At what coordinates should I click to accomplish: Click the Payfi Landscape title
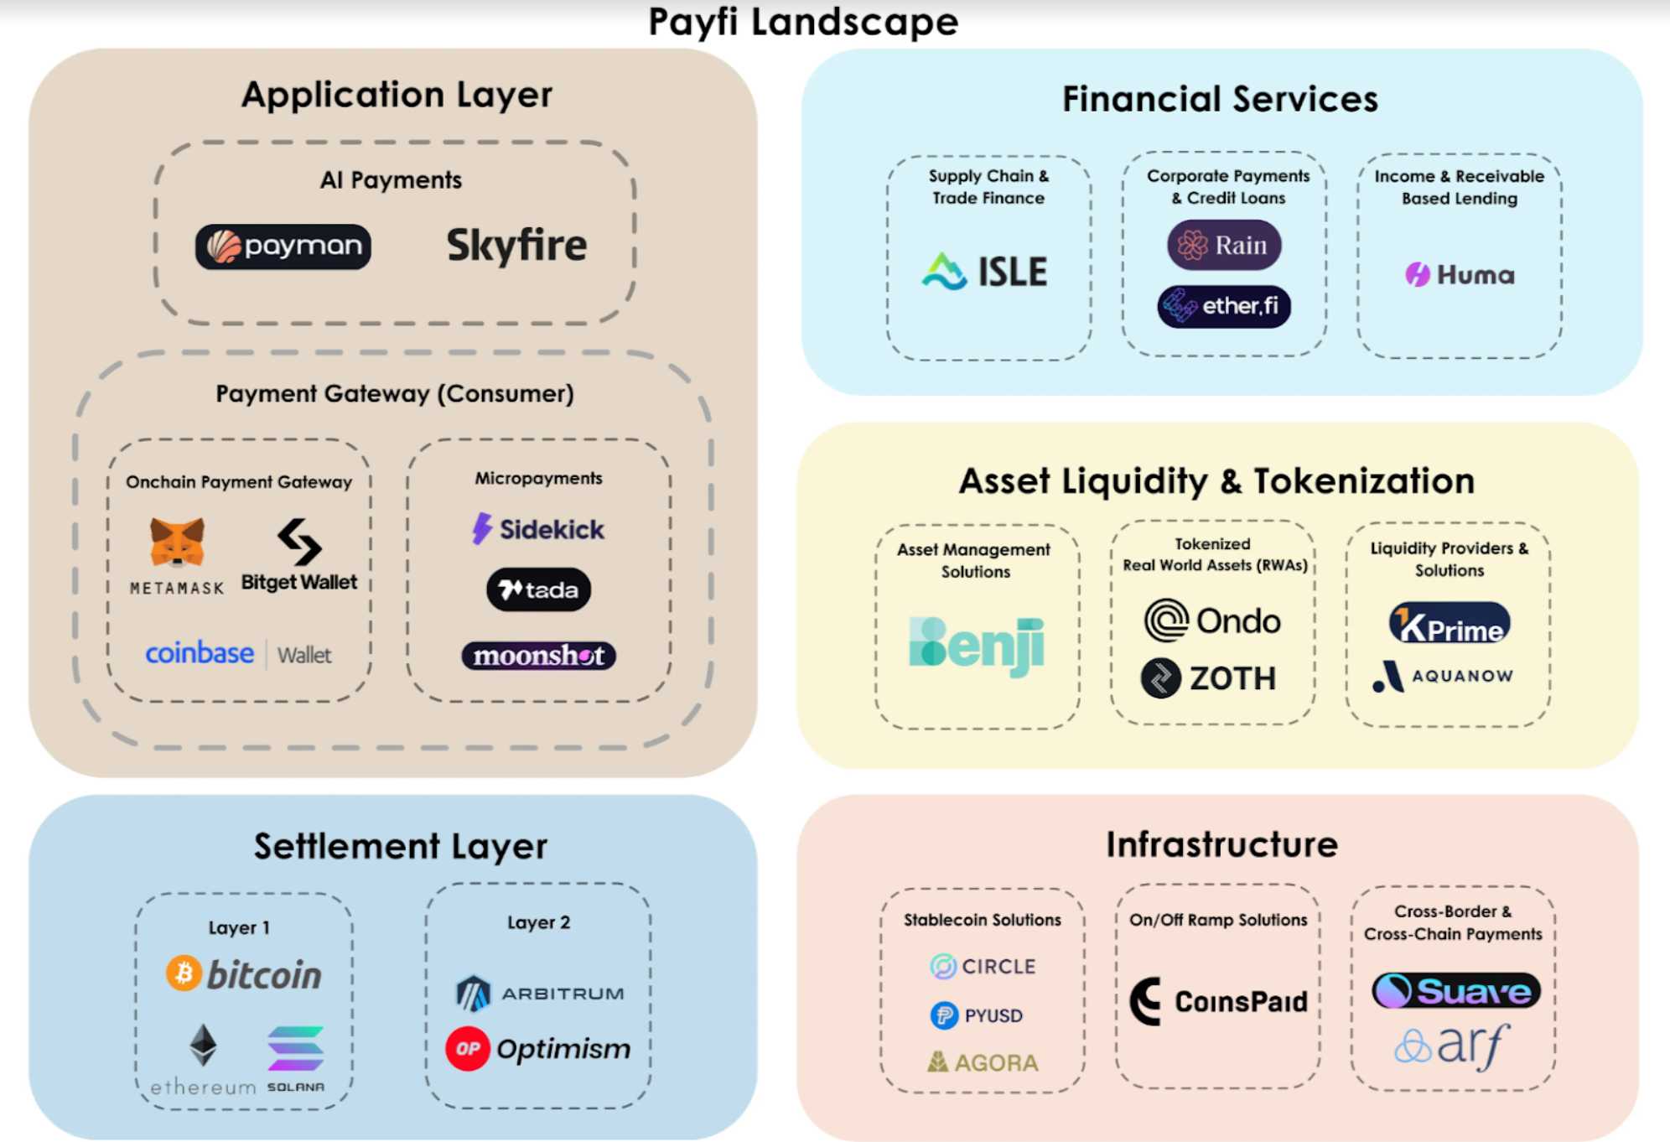[802, 22]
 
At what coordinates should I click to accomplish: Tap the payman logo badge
[283, 247]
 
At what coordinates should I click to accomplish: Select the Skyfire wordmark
[516, 246]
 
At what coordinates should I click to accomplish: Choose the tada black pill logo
[538, 590]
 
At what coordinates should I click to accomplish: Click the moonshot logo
[538, 656]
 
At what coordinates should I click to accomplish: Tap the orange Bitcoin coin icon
[184, 973]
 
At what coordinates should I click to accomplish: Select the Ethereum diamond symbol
[203, 1045]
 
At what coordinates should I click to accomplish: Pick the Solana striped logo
[296, 1049]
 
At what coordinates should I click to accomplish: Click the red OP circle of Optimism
[468, 1048]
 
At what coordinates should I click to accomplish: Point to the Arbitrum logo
[540, 994]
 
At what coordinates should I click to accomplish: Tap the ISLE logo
[985, 272]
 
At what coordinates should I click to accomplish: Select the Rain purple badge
[1224, 245]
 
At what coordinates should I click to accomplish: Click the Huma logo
[1460, 274]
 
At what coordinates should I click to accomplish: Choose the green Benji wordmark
[977, 645]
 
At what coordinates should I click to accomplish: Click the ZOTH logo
[1209, 678]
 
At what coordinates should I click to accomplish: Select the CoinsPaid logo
[1218, 1001]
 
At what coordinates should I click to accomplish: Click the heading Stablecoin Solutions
[982, 920]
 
